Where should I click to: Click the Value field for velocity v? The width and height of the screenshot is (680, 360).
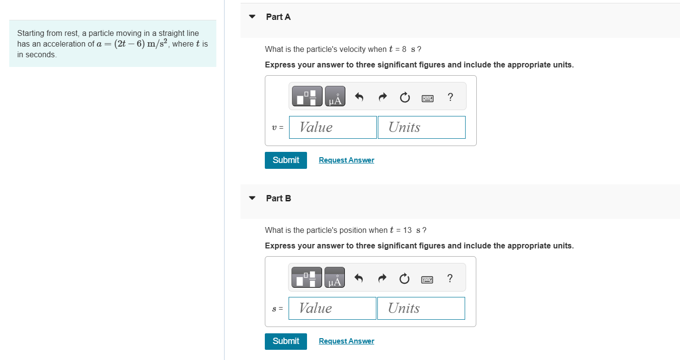pos(333,127)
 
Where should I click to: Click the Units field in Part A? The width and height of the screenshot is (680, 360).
pos(421,127)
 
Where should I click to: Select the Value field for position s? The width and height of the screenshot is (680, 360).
pos(332,308)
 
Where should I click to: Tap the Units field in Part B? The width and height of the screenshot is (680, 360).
pos(421,308)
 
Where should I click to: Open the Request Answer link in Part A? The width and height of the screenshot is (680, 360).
pos(346,160)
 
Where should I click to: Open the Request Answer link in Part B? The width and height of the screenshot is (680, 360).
pos(346,341)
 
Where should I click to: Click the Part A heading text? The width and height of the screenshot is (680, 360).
pos(278,17)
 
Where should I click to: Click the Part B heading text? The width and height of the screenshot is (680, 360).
pos(278,198)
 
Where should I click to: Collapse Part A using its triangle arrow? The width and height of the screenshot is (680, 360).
pos(252,16)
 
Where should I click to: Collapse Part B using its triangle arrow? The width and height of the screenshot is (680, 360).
pos(252,198)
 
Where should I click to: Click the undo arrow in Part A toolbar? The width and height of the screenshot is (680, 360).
pos(359,97)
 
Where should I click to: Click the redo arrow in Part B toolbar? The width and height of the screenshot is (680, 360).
pos(382,278)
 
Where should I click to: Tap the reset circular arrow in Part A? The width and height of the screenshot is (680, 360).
pos(405,97)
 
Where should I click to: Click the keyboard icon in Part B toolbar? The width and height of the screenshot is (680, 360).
pos(427,278)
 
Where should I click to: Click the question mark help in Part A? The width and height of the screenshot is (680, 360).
pos(451,97)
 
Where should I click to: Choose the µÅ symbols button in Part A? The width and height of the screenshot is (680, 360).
pos(335,97)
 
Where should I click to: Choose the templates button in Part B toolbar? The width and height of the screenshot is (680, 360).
pos(307,278)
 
